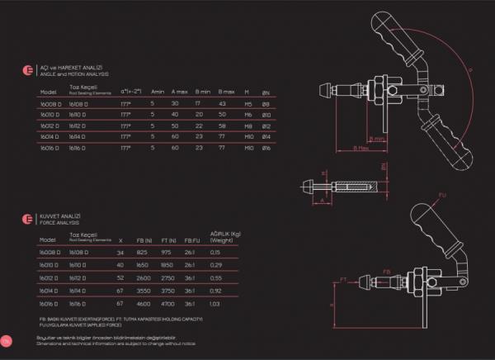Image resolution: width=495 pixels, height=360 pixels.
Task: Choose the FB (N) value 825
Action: [141, 252]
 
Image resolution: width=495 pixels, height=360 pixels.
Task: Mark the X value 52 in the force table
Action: [120, 278]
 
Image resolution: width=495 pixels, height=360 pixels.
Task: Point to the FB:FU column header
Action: [191, 239]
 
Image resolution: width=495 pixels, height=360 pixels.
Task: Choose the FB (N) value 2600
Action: [141, 278]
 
